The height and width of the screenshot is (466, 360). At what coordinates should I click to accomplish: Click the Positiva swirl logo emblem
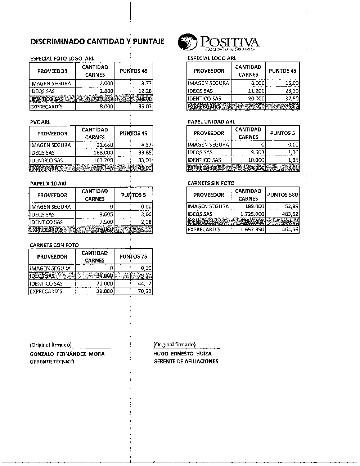point(187,42)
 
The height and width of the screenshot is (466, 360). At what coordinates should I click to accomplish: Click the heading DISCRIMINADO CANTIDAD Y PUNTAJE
point(97,41)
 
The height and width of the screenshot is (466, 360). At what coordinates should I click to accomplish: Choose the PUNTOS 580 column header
point(283,195)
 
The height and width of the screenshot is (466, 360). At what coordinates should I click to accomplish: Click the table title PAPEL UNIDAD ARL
point(211,122)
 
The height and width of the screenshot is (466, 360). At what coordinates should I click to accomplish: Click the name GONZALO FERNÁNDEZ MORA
point(67,354)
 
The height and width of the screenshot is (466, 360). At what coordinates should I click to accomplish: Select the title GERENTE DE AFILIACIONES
point(185,362)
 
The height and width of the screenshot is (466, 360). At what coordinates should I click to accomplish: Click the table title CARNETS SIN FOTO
point(211,183)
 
